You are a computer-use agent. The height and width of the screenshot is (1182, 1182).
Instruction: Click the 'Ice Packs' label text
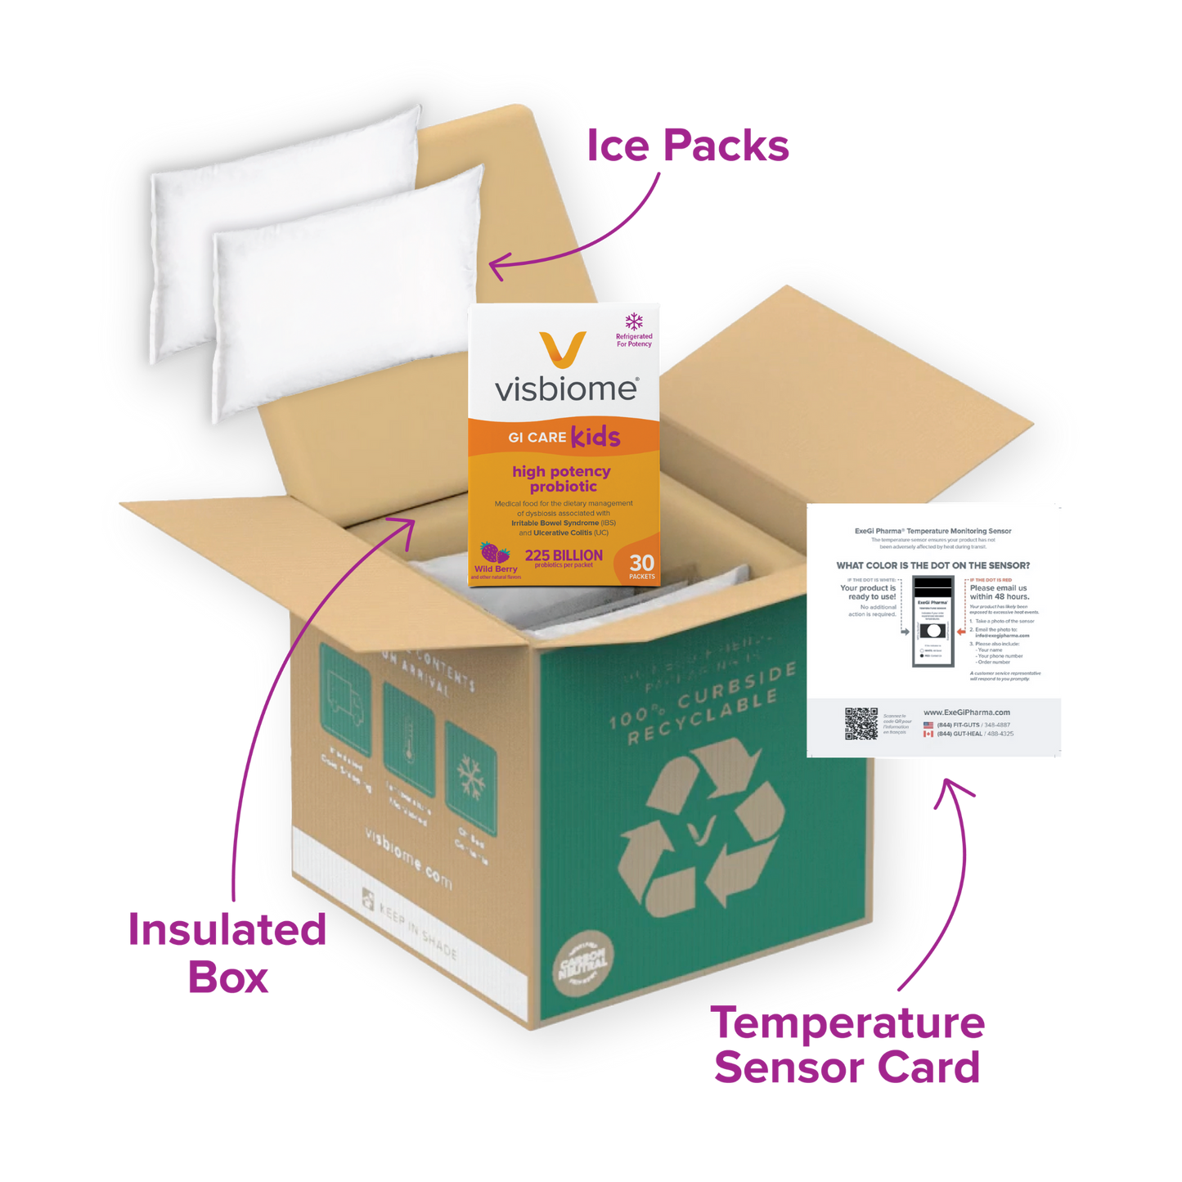tap(689, 146)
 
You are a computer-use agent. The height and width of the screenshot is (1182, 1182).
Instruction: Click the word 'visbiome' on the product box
tap(565, 389)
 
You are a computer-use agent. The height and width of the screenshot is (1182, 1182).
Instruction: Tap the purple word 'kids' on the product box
tap(595, 437)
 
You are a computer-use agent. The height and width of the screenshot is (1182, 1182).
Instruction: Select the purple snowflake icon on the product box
tap(634, 321)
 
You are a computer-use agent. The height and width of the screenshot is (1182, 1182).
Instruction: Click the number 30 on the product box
tap(642, 563)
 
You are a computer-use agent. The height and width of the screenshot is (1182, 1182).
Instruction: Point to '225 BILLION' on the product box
tap(564, 555)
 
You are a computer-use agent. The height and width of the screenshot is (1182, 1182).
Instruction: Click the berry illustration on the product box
tap(495, 552)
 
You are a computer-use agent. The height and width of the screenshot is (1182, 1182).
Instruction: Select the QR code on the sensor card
tap(861, 724)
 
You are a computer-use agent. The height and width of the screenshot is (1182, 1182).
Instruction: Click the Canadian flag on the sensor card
tap(928, 734)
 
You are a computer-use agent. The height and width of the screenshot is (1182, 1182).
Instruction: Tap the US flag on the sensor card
tap(928, 725)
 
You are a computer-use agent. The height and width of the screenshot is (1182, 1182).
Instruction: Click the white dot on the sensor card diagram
tap(933, 631)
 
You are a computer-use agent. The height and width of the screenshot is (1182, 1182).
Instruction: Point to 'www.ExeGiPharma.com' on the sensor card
tap(966, 712)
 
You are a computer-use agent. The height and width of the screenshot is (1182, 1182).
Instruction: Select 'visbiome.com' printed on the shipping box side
tap(408, 858)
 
